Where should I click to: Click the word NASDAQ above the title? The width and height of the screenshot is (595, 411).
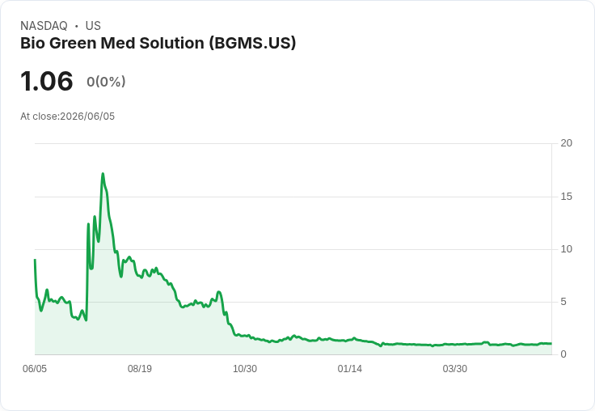(x=44, y=26)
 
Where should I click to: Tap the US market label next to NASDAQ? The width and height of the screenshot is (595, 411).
(x=93, y=26)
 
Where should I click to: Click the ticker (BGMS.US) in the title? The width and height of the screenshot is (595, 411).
(x=252, y=44)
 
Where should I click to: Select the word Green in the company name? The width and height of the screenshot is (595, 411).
(x=73, y=44)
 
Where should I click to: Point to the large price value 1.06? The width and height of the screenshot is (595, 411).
(x=47, y=81)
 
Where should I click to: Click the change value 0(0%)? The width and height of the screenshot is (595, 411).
(x=106, y=81)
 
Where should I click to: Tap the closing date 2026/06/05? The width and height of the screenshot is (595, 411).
(x=87, y=117)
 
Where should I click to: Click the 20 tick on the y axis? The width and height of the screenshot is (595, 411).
(x=566, y=143)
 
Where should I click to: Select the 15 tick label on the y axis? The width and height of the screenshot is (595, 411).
(x=566, y=197)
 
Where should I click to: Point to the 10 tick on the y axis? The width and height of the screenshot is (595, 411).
(x=566, y=249)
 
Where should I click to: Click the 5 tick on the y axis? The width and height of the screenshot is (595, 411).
(x=563, y=302)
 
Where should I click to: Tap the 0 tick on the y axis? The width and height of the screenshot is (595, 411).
(x=563, y=354)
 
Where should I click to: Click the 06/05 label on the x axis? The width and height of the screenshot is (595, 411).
(x=35, y=369)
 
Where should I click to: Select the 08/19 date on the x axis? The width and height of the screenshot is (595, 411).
(x=140, y=369)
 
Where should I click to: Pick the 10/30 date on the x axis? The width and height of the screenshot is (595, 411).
(x=245, y=369)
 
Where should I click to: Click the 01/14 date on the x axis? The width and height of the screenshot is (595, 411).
(x=350, y=369)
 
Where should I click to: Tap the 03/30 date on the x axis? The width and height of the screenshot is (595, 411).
(x=455, y=369)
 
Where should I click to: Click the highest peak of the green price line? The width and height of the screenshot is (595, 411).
(x=103, y=174)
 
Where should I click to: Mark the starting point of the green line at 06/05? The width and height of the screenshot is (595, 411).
(x=35, y=260)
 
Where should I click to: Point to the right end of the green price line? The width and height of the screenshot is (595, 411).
(x=551, y=343)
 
